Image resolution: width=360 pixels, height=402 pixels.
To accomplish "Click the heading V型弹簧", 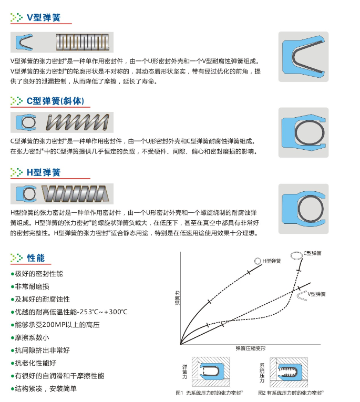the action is (44, 17).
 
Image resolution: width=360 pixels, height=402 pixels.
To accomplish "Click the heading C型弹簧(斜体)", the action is (55, 101).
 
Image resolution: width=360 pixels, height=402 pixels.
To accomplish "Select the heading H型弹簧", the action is (44, 172).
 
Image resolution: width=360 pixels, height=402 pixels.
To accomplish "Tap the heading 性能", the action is (36, 258).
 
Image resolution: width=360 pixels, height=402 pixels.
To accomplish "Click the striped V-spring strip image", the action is (83, 43).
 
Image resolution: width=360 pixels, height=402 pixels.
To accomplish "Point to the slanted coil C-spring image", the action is (77, 122).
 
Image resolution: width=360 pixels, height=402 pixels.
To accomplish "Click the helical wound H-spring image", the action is (75, 194).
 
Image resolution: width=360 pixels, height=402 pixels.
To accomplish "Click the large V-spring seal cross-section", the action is (304, 57).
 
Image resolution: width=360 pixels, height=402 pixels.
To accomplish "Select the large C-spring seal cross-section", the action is (304, 132).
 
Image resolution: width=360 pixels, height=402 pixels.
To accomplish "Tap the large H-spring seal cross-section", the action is (304, 209).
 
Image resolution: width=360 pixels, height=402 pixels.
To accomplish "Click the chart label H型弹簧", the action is (272, 261).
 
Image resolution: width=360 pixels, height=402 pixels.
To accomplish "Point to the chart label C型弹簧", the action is (312, 253).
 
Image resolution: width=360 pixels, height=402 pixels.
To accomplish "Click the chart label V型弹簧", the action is (317, 294).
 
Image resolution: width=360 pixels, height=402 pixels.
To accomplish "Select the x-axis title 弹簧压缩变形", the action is (251, 348).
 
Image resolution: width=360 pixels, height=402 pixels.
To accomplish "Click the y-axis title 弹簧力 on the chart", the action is (178, 298).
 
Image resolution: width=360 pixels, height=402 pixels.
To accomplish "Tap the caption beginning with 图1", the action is (209, 393).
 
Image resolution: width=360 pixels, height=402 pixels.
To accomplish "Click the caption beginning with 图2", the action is (291, 393).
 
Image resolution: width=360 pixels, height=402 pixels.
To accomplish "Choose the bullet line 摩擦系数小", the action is (30, 338).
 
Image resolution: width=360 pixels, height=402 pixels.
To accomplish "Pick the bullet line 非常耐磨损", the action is (30, 286).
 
